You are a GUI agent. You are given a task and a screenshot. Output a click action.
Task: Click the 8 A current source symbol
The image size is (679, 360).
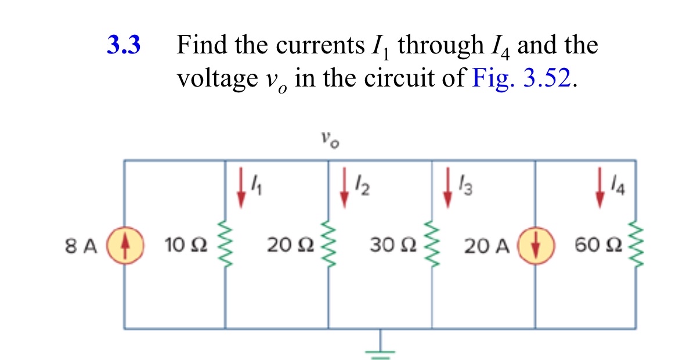pyautogui.click(x=124, y=246)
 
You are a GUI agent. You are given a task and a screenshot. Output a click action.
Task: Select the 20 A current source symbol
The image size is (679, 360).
pyautogui.click(x=534, y=246)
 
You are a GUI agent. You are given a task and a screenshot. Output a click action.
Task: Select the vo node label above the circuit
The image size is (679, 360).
pyautogui.click(x=329, y=139)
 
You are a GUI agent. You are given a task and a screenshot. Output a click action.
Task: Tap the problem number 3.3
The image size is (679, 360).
pyautogui.click(x=124, y=45)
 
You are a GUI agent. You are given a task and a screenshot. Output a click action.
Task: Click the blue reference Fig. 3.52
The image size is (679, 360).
pyautogui.click(x=524, y=77)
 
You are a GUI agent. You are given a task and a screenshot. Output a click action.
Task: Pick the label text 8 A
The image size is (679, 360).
pyautogui.click(x=81, y=247)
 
